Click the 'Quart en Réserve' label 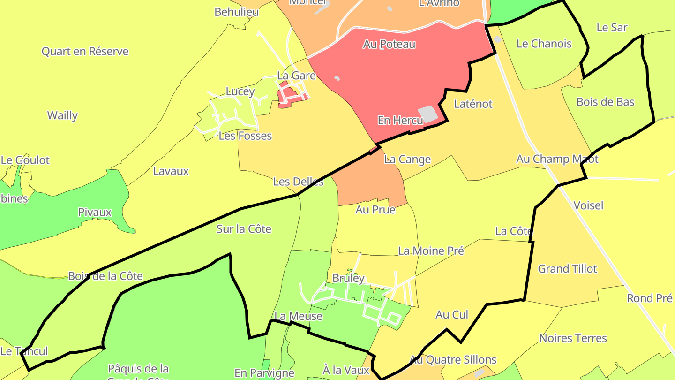click(85, 51)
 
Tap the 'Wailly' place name click(62, 115)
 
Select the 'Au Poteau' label click(389, 44)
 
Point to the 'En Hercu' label click(400, 120)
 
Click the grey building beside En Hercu click(427, 114)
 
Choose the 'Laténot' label click(473, 104)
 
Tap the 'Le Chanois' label click(544, 44)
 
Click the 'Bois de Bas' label click(605, 102)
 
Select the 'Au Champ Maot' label click(557, 159)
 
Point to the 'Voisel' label click(588, 205)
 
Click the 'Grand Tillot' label click(567, 269)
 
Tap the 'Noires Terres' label click(573, 338)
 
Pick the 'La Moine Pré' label click(431, 251)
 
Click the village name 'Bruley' click(348, 278)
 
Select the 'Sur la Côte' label click(244, 229)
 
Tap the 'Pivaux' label click(95, 212)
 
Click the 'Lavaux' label click(171, 171)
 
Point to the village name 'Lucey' click(240, 91)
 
